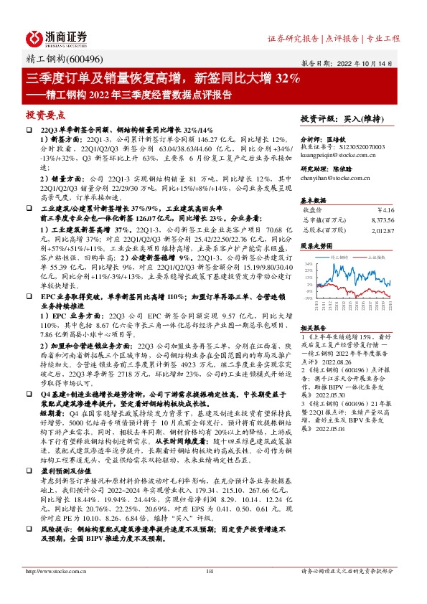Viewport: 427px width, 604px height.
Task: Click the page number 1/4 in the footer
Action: click(x=210, y=571)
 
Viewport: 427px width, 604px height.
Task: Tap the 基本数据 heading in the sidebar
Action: click(x=312, y=199)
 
